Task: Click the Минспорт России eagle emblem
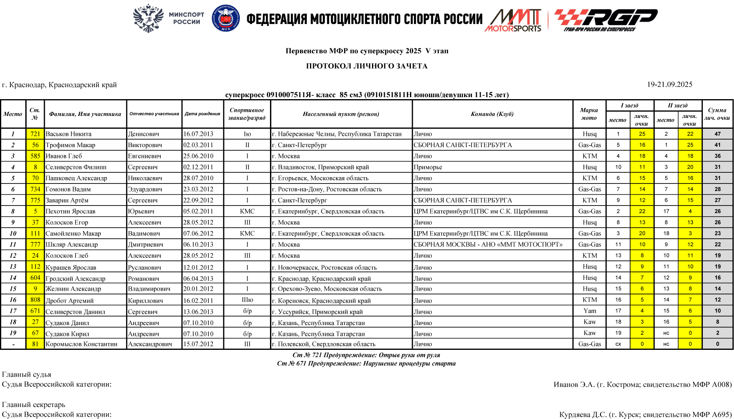pos(148,18)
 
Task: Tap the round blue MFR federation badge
pos(226,18)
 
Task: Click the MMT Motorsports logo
pos(514,20)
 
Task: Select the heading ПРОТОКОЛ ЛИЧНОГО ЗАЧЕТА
pos(367,66)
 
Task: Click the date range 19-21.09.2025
pos(670,84)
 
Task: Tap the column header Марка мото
pos(589,114)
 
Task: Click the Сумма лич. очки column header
pos(717,114)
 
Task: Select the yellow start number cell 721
pos(35,134)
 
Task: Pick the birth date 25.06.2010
pos(198,156)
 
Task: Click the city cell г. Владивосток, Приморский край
pos(320,167)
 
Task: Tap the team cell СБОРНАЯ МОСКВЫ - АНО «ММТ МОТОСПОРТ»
pos(488,244)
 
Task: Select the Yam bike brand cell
pos(590,311)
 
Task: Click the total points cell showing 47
pos(718,134)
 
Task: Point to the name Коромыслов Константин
pos(82,344)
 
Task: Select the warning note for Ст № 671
pos(366,363)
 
